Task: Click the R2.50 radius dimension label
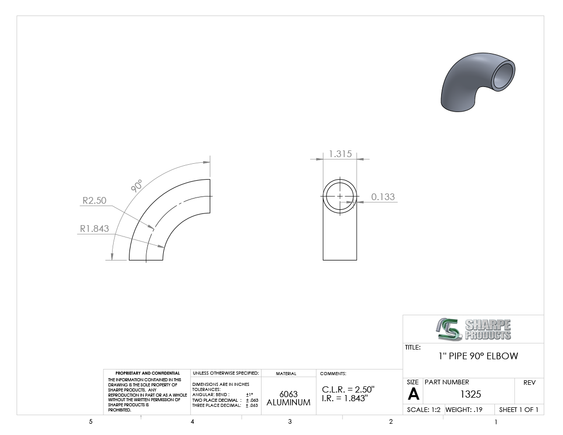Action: coord(95,200)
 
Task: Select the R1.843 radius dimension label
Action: coord(94,229)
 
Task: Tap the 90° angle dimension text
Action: coord(137,186)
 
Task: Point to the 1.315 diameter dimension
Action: coord(340,154)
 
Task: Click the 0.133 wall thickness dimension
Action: coord(383,197)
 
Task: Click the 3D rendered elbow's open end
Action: coord(503,76)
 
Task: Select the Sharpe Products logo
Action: coord(473,329)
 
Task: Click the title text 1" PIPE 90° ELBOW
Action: coord(478,356)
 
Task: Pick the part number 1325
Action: coord(470,395)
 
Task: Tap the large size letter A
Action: coord(413,395)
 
